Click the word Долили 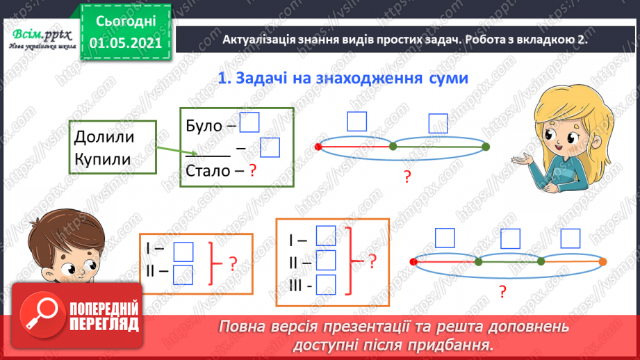[104, 136]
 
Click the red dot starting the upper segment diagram [318, 147]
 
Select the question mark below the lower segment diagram [501, 291]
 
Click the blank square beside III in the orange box [325, 284]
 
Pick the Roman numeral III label [298, 285]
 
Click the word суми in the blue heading [444, 79]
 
